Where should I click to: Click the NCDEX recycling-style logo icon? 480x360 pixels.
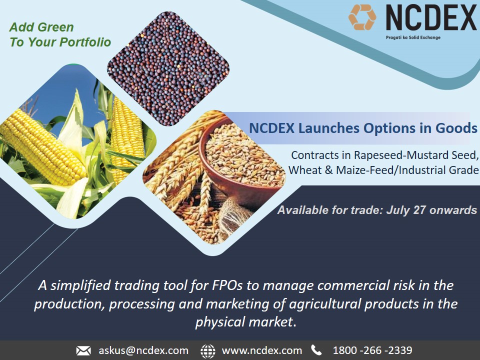tap(362, 17)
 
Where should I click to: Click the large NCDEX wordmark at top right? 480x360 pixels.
tap(430, 18)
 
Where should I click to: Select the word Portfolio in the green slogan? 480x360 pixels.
tap(85, 42)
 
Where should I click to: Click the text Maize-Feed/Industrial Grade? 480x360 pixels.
tap(407, 170)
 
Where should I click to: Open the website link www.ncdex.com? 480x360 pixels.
tap(261, 350)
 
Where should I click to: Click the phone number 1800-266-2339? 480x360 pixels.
tap(372, 350)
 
